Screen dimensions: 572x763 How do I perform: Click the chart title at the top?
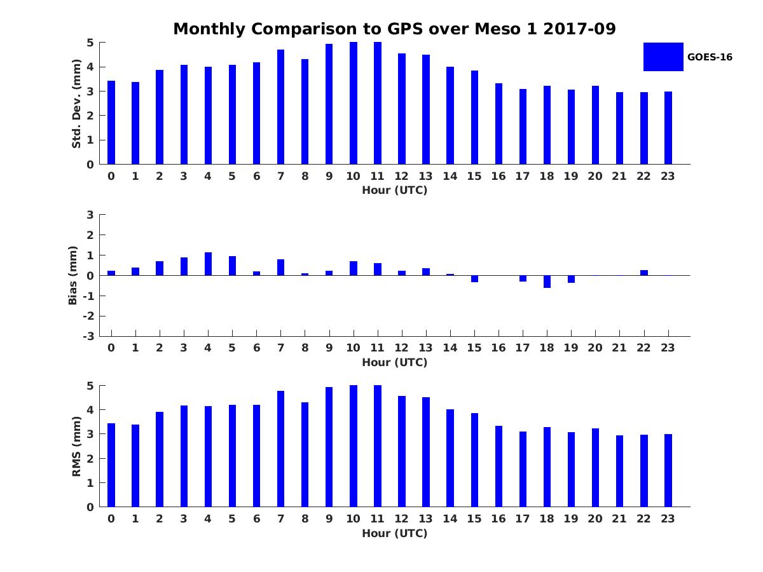pos(394,29)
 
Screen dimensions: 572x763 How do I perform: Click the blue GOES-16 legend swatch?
pos(663,57)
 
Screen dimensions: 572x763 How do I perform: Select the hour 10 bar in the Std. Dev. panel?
pos(354,103)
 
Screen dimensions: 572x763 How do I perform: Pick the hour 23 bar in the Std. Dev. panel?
pos(668,128)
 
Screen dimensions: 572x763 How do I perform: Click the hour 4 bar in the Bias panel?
pos(208,264)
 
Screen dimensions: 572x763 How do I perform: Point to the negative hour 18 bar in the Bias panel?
pos(547,282)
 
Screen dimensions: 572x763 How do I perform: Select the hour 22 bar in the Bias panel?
pos(644,273)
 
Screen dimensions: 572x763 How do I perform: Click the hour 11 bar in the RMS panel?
pos(378,446)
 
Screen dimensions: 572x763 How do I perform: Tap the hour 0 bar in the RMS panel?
pos(111,465)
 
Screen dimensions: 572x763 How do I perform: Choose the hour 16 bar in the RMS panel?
pos(498,466)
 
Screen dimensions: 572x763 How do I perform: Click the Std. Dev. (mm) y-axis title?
pos(76,104)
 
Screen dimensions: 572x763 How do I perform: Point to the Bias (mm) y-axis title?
pos(73,275)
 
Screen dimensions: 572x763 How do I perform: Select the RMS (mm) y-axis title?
pos(76,446)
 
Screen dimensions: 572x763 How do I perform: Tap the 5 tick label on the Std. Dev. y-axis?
pos(91,43)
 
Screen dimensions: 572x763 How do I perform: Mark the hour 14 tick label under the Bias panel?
pos(450,348)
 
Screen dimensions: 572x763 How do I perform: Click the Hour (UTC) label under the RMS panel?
pos(394,533)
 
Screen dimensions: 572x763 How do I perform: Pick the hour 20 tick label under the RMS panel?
pos(595,519)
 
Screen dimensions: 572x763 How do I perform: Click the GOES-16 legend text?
pos(710,57)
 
